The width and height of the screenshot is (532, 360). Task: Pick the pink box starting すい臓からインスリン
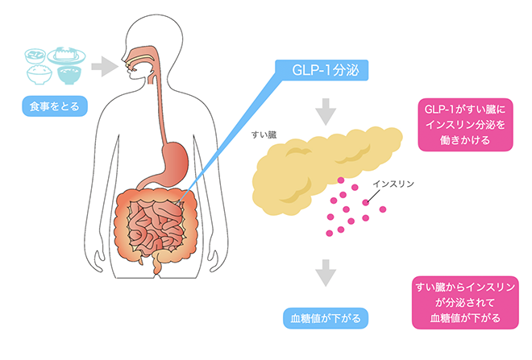468,302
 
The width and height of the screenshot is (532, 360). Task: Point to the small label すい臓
265,135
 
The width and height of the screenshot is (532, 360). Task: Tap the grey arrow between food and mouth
102,64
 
